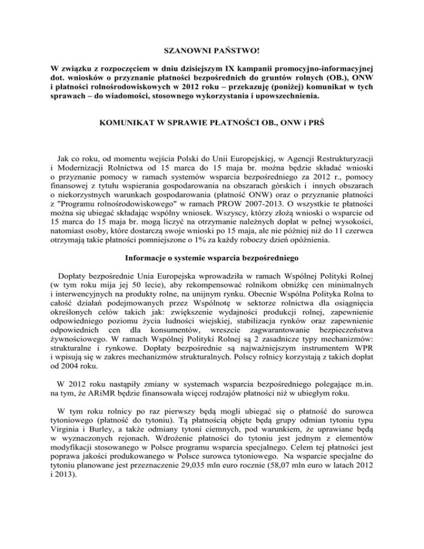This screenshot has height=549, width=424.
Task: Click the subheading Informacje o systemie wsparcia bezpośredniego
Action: click(211, 274)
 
